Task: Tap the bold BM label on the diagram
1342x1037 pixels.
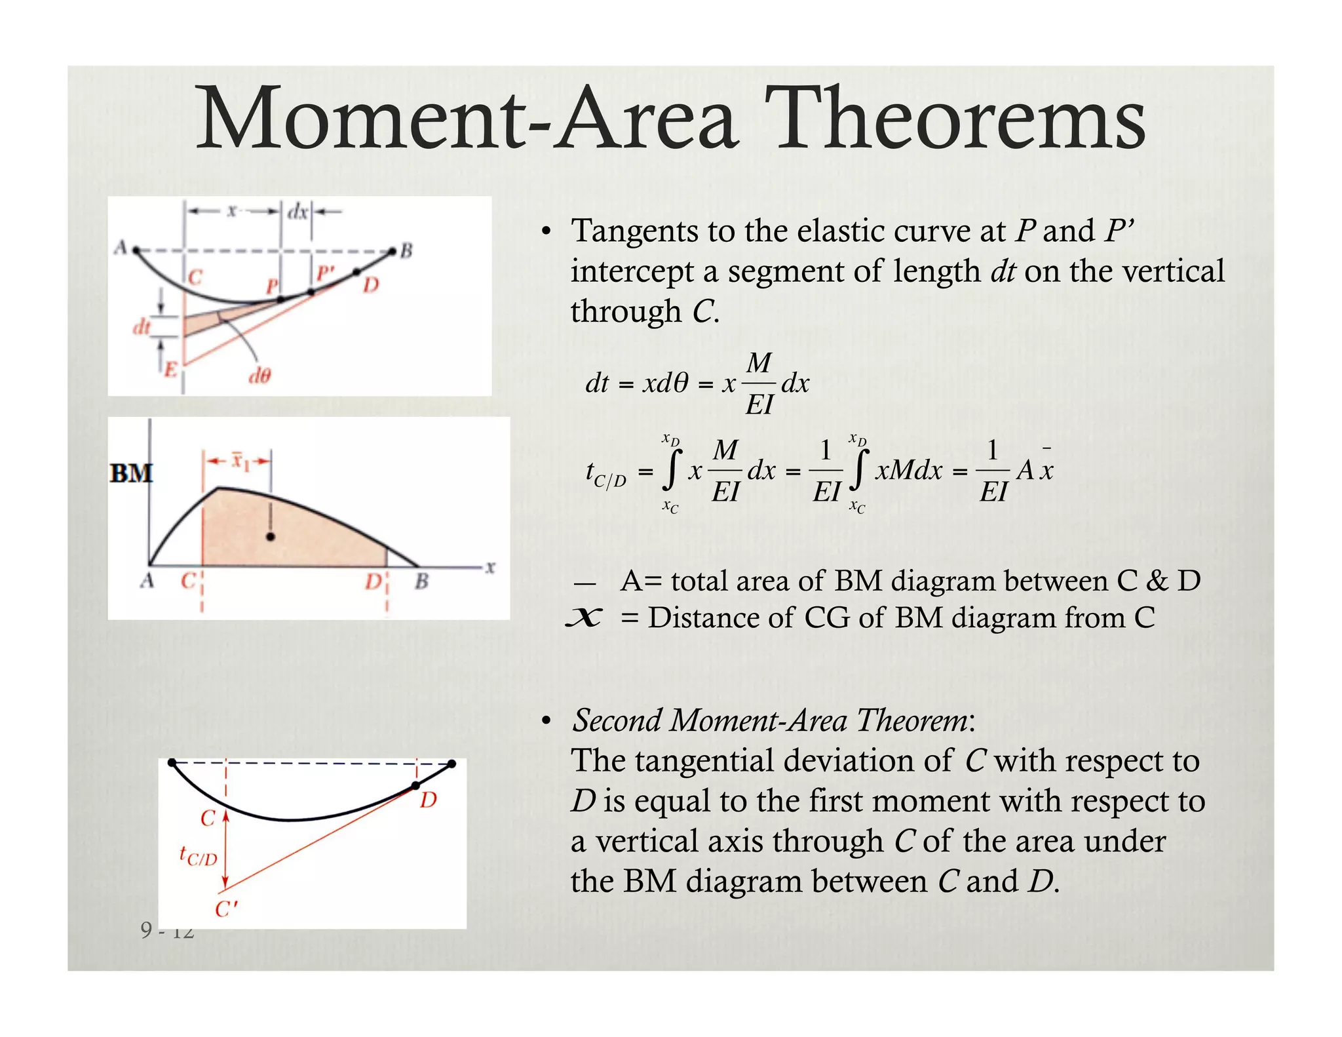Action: click(131, 473)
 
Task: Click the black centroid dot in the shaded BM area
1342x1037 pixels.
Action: click(271, 537)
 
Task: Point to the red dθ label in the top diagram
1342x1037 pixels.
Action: click(259, 376)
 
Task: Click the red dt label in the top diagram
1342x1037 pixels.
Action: click(142, 326)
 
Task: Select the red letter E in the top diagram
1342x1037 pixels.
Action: click(170, 370)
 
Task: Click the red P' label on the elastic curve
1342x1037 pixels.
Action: click(325, 272)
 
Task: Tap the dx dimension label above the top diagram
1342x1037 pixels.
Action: click(298, 212)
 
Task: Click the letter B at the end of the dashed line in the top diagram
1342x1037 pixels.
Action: click(406, 250)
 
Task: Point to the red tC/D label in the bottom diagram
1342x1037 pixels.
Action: click(198, 856)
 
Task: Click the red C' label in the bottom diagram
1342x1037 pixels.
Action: click(226, 909)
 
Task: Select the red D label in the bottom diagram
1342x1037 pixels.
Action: click(429, 800)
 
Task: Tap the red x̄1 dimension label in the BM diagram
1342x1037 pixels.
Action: click(240, 462)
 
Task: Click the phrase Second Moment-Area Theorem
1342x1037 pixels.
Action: click(769, 720)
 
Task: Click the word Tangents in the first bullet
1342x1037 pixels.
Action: click(634, 231)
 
